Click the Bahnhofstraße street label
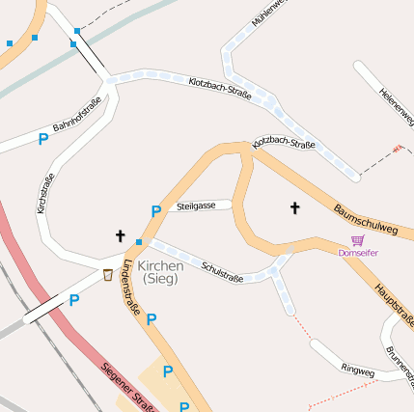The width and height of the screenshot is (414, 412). [77, 119]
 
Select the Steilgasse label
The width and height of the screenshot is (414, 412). [196, 206]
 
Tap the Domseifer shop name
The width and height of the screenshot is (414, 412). [358, 253]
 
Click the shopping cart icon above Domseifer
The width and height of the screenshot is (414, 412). [358, 239]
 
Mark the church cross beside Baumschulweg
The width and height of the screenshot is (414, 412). [294, 207]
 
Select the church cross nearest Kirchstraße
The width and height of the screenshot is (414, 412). [121, 234]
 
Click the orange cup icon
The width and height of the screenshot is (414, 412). [107, 275]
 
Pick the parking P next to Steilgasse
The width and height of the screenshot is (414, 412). [155, 211]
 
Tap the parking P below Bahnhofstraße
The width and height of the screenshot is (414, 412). [43, 139]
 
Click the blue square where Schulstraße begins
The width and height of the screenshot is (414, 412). [139, 241]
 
